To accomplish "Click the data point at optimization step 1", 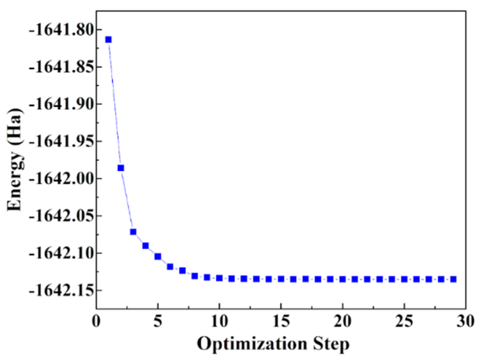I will (x=108, y=40).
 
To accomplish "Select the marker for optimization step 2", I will (x=121, y=168).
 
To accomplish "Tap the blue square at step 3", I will (x=133, y=232).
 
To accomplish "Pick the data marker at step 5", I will (x=158, y=257).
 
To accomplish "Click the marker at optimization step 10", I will (x=219, y=278).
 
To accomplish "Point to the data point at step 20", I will (x=343, y=279).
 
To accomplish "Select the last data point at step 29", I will (x=453, y=279).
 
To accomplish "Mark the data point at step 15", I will (x=281, y=279).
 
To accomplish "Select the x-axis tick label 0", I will (x=96, y=321).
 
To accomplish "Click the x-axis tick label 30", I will (x=466, y=321).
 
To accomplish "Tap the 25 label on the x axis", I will (x=404, y=321).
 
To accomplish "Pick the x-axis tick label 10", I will (x=219, y=321).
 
